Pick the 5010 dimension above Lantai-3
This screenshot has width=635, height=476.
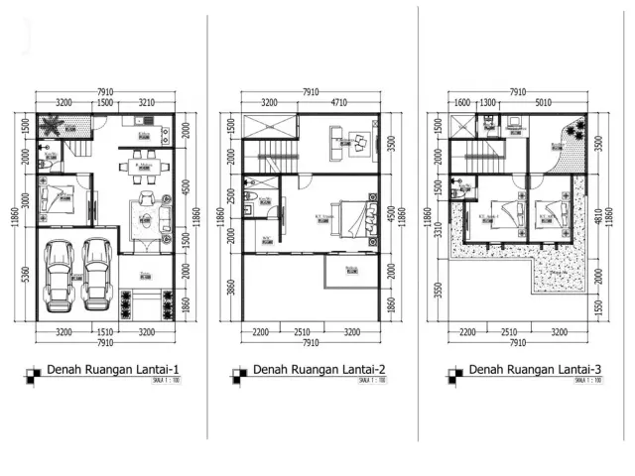(542, 102)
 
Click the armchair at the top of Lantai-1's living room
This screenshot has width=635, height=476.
(148, 200)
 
